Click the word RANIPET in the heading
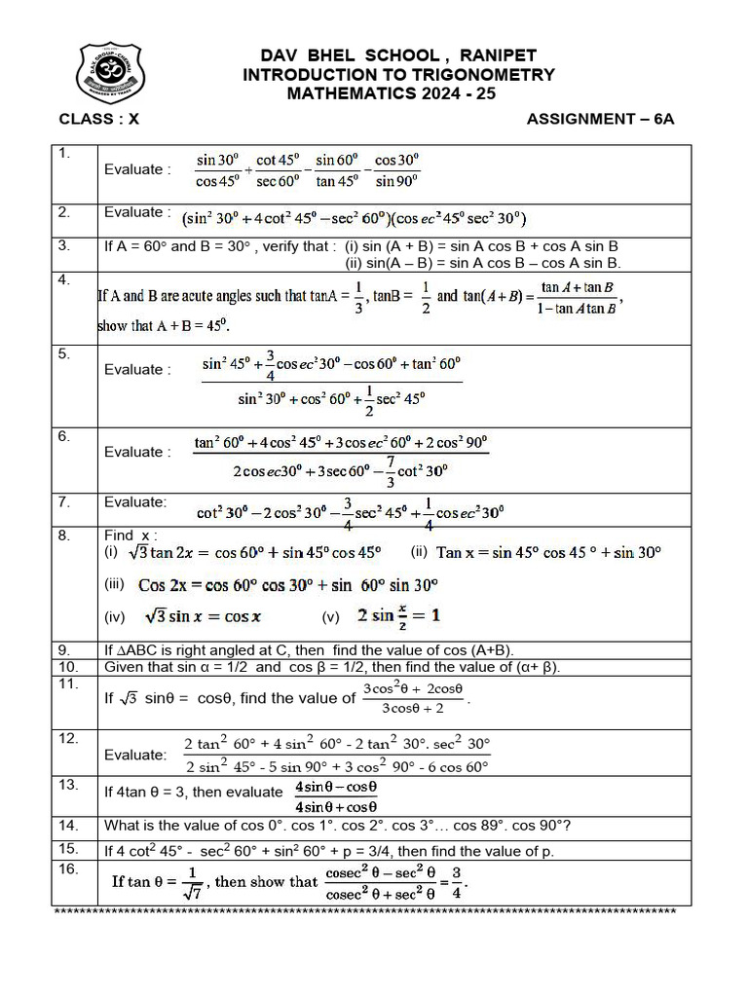[497, 56]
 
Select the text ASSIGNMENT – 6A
[600, 119]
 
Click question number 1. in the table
[65, 153]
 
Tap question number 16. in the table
[68, 868]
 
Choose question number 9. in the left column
[65, 649]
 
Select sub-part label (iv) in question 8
[115, 616]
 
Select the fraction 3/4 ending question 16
[456, 883]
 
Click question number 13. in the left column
[68, 784]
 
